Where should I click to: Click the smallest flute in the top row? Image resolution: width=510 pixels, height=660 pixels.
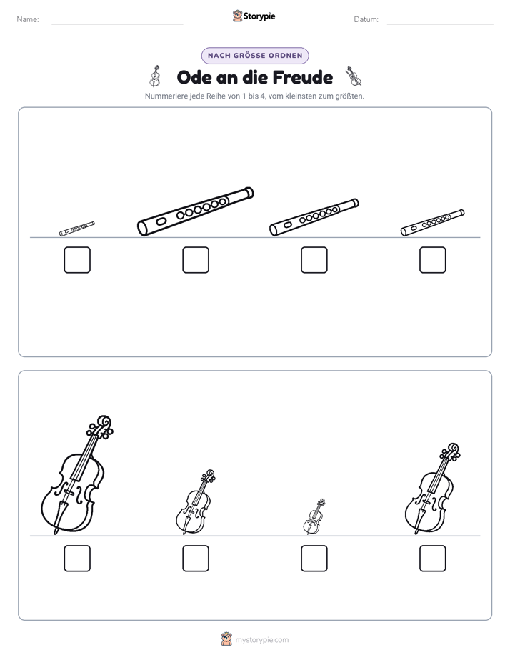77,229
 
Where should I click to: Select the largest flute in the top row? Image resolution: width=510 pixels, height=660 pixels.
196,211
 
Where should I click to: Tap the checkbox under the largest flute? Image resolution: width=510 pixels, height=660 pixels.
196,260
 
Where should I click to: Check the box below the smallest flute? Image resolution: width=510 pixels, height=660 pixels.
77,260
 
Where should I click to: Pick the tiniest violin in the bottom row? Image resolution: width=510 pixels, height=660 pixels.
314,517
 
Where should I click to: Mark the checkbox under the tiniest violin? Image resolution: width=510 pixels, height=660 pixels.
314,558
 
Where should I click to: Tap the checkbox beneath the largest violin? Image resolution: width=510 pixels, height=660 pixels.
77,558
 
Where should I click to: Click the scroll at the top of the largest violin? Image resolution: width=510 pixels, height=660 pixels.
104,422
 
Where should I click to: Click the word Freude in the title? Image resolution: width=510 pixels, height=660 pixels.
303,77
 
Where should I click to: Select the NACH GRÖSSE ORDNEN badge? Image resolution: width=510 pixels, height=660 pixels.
255,56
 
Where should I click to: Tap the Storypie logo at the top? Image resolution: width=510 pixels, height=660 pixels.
254,16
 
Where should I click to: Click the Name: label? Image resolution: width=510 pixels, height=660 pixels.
28,19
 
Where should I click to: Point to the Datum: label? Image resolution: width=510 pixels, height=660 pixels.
366,19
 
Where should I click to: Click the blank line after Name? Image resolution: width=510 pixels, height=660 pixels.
117,24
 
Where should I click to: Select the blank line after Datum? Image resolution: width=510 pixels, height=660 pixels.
440,24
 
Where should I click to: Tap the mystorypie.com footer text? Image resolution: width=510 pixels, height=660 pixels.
261,640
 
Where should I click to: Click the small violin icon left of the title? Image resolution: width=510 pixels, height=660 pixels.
155,76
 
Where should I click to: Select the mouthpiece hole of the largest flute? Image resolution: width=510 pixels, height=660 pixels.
161,221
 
